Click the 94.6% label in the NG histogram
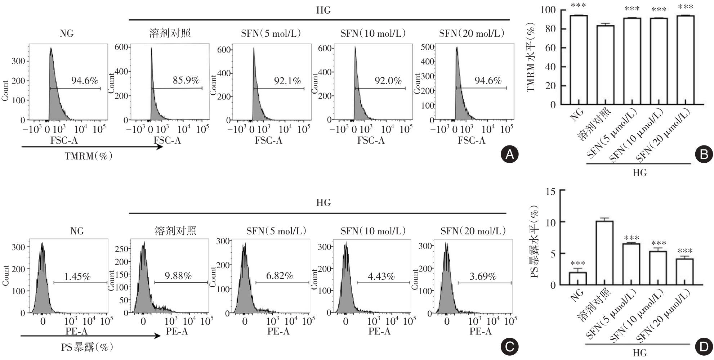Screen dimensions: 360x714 (x=84, y=81)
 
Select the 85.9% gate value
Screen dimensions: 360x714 (x=186, y=80)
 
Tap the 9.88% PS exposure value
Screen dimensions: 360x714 (x=178, y=276)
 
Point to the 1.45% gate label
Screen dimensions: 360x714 (x=77, y=276)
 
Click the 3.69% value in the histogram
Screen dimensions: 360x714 (x=483, y=276)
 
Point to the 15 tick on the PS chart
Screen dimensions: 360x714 (x=550, y=191)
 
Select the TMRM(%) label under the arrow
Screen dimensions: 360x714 (x=89, y=157)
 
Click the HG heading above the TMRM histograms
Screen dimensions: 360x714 (x=323, y=10)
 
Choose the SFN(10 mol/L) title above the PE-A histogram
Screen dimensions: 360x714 (x=373, y=231)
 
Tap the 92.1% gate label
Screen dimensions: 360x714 (x=287, y=81)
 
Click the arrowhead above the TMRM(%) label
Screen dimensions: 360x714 (x=160, y=147)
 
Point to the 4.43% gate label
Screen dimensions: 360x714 (x=381, y=276)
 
